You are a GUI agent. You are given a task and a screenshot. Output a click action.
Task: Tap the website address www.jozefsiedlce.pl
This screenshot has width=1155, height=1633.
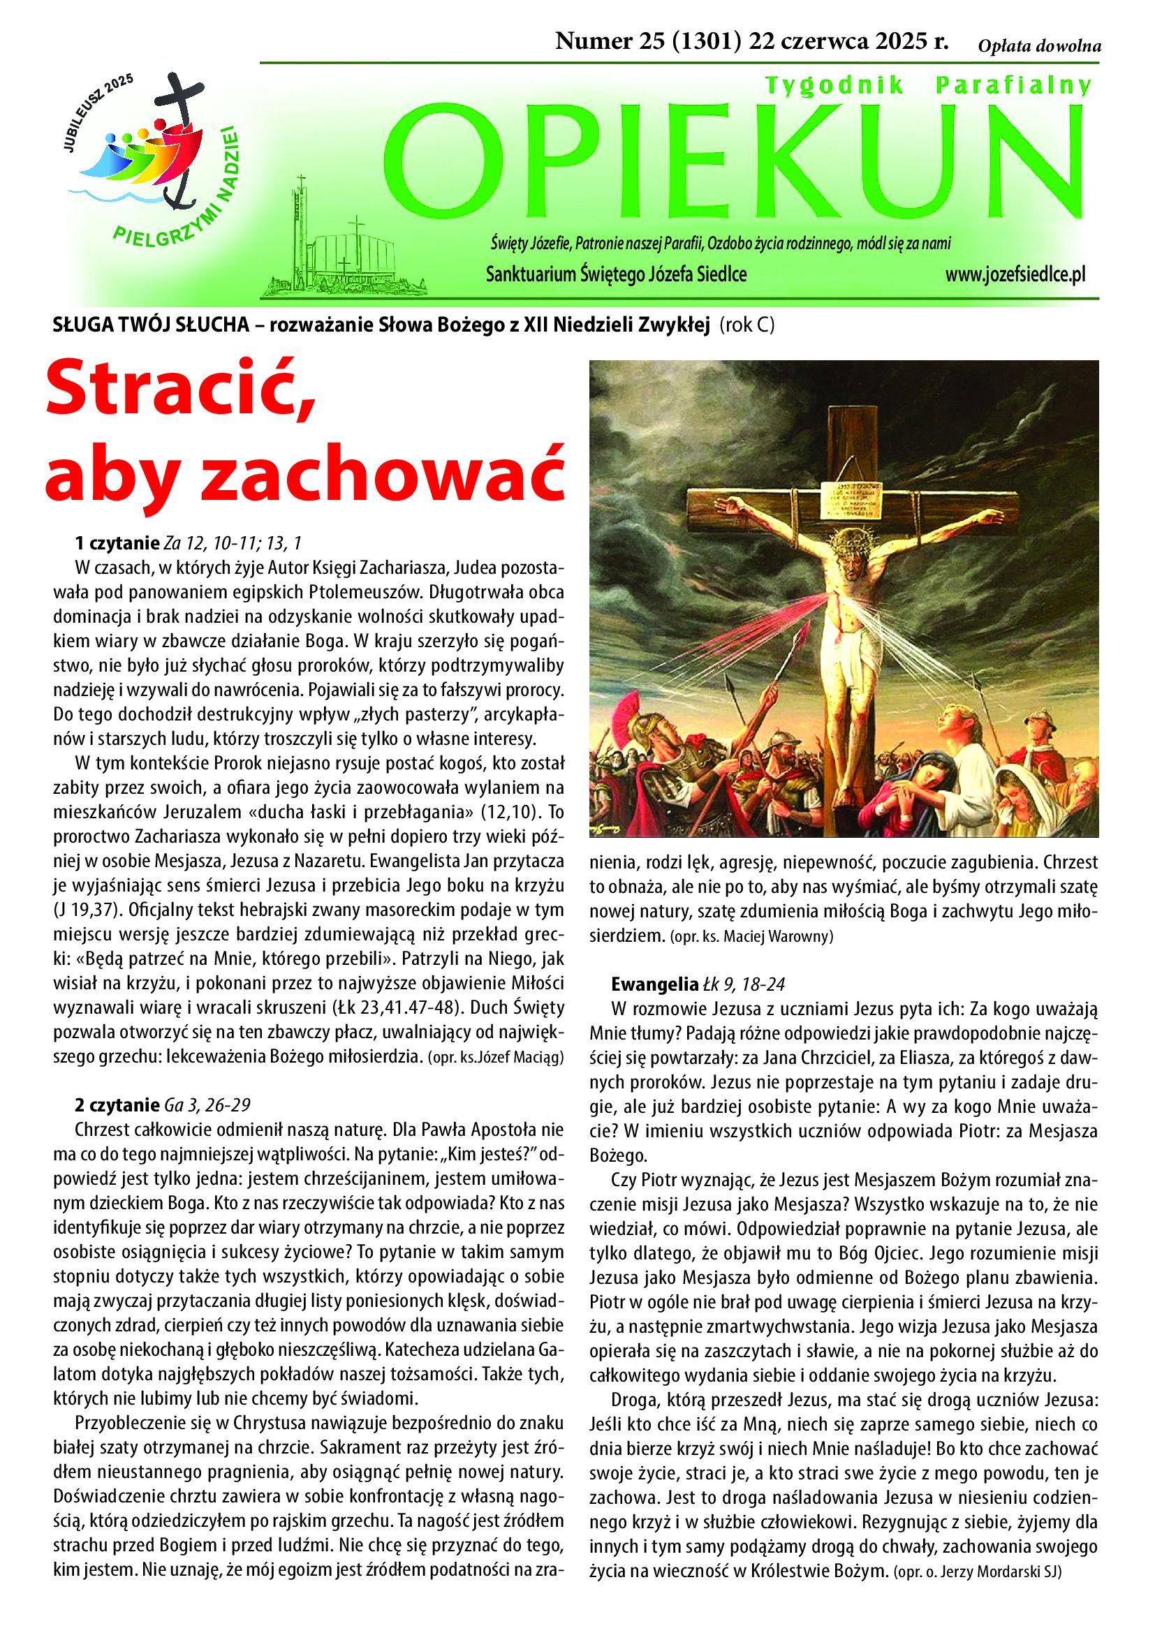(x=1015, y=274)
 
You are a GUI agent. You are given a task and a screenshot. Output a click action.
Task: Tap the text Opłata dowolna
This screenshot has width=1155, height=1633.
(x=1039, y=47)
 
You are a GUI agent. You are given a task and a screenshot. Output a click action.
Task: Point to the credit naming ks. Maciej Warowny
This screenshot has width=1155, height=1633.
(x=756, y=937)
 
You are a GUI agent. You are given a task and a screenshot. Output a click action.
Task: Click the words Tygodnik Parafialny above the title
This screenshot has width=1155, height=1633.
(x=927, y=86)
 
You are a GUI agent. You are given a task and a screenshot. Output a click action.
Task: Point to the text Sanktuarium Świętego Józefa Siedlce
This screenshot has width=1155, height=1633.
(x=616, y=274)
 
